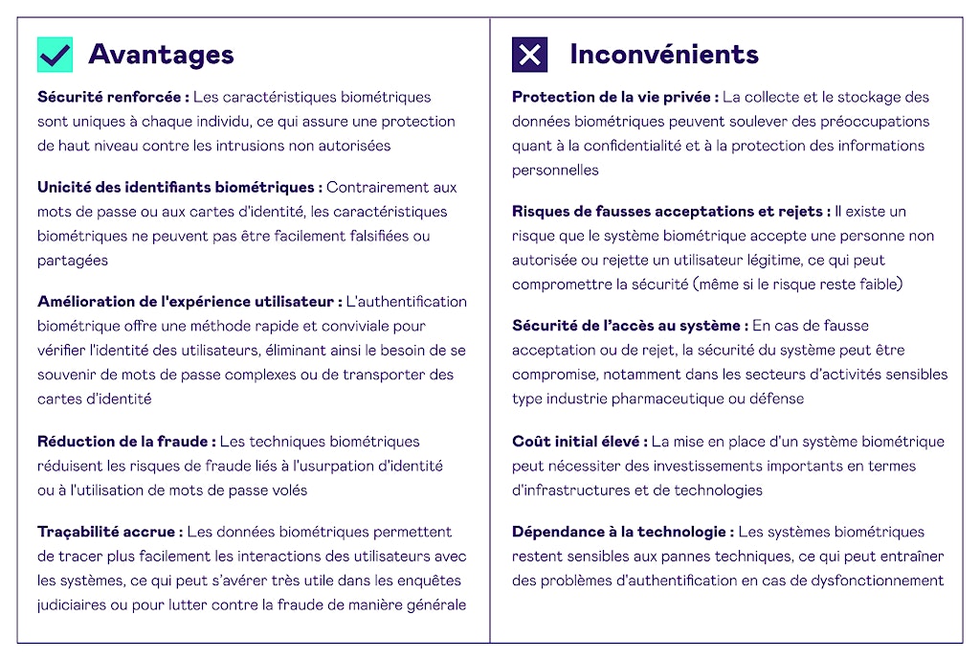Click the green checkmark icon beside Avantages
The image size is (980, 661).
point(55,55)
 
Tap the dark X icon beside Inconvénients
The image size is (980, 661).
point(529,55)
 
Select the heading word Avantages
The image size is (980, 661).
point(161,55)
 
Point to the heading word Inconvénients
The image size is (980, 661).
point(663,55)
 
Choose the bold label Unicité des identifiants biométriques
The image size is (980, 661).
point(179,187)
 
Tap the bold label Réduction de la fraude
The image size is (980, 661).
point(125,442)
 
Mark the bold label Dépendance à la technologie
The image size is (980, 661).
point(622,532)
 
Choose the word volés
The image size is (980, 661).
point(288,490)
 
